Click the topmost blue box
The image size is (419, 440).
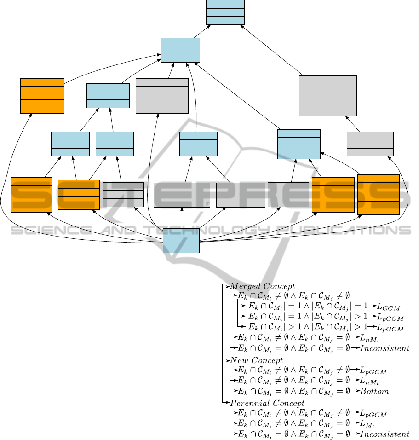(x=225, y=12)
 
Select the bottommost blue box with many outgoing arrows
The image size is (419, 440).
(x=181, y=241)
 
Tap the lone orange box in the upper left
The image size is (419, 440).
(x=42, y=96)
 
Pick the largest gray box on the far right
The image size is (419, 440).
(x=327, y=95)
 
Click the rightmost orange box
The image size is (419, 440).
(x=378, y=194)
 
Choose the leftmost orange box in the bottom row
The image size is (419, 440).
(x=31, y=195)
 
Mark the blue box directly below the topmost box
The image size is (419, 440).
(x=180, y=50)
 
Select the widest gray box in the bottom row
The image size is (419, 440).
(x=182, y=195)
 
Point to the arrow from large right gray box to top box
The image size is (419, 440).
(x=271, y=50)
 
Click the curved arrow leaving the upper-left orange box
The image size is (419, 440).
(x=110, y=68)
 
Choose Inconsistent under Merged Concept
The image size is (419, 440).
(x=385, y=348)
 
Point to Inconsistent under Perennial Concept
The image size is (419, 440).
(x=385, y=434)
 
